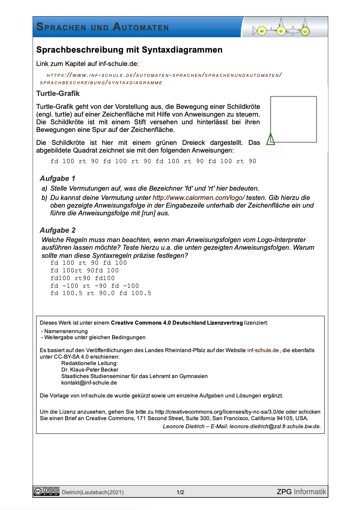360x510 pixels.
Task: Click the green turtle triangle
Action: pyautogui.click(x=270, y=140)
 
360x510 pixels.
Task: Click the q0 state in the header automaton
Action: pyautogui.click(x=262, y=31)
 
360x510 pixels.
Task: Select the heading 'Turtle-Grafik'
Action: pyautogui.click(x=58, y=93)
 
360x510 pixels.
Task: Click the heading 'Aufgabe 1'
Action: pyautogui.click(x=57, y=178)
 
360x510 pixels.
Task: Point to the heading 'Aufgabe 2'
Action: pyautogui.click(x=57, y=230)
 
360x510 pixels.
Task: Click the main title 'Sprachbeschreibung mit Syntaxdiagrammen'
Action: pyautogui.click(x=129, y=50)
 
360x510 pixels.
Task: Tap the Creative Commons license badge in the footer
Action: pyautogui.click(x=47, y=491)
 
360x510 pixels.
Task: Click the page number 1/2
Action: pyautogui.click(x=180, y=493)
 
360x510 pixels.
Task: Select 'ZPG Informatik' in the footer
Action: pyautogui.click(x=301, y=492)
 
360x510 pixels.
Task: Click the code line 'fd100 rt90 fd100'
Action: pyautogui.click(x=83, y=278)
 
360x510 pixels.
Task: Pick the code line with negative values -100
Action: pyautogui.click(x=95, y=286)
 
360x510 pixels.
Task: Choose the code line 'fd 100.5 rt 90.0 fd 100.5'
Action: pyautogui.click(x=101, y=293)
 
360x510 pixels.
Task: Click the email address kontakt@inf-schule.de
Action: pyautogui.click(x=89, y=382)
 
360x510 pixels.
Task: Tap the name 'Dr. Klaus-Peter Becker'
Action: pyautogui.click(x=90, y=370)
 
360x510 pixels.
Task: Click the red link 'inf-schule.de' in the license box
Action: pyautogui.click(x=263, y=350)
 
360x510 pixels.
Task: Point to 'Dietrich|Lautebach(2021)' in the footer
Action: pyautogui.click(x=93, y=493)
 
